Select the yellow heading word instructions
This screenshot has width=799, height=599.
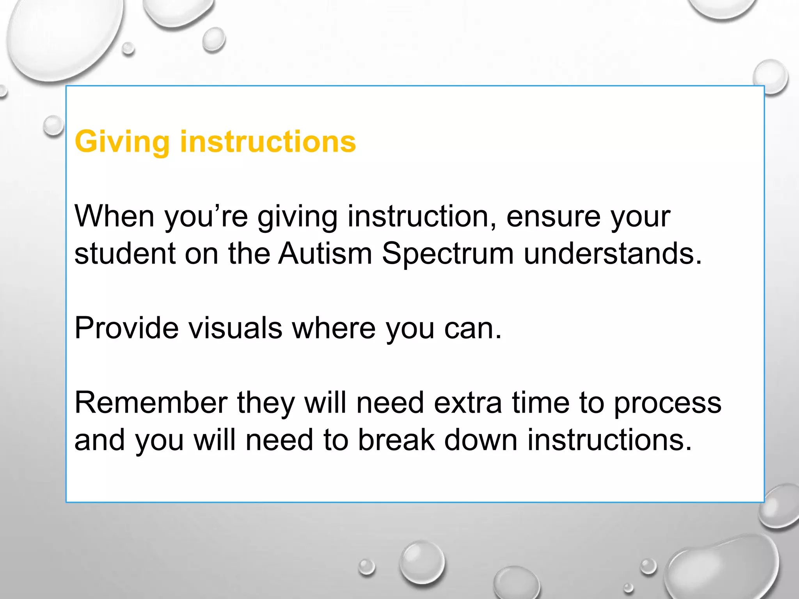coord(268,141)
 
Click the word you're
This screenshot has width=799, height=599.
coord(206,217)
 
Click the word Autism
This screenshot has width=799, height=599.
coord(325,253)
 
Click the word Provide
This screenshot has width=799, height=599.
coord(126,328)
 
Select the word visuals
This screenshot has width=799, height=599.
coord(235,328)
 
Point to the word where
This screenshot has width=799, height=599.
coord(334,328)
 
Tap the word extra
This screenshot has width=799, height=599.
coord(468,402)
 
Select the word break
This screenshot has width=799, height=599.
coord(396,440)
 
